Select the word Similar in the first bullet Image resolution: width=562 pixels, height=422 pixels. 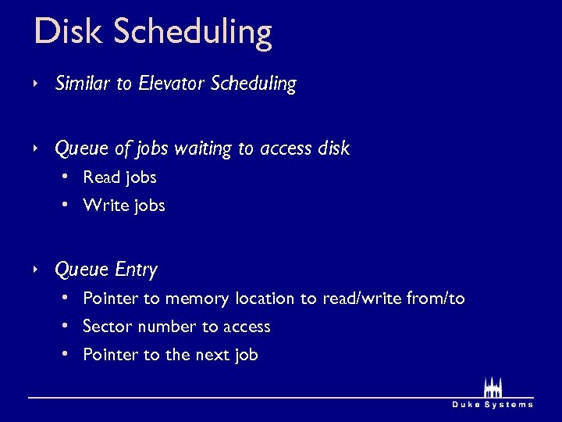click(x=83, y=84)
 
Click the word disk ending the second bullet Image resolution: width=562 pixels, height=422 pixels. click(x=334, y=148)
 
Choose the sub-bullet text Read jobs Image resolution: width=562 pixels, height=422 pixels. click(x=119, y=177)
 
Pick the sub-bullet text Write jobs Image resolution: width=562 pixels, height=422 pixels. click(x=123, y=206)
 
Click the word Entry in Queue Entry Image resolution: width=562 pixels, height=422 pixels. click(x=136, y=270)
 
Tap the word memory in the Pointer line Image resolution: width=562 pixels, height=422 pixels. click(x=197, y=299)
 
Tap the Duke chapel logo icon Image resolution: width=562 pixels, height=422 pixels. click(x=493, y=387)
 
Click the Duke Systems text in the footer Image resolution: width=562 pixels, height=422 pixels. click(x=493, y=404)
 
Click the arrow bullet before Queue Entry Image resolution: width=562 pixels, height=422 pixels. click(x=36, y=270)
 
